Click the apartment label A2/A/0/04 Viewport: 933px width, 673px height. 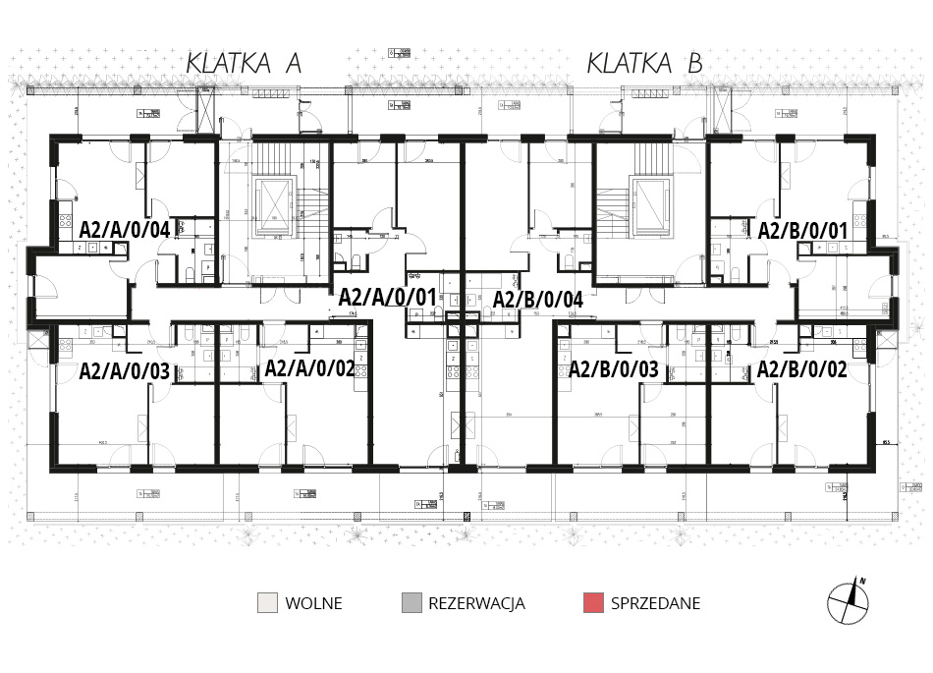point(126,230)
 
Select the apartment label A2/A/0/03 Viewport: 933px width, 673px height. point(125,371)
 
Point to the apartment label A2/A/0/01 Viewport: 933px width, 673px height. point(387,296)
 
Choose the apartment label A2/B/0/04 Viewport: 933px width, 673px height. point(538,300)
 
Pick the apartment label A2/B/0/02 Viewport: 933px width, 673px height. point(802,371)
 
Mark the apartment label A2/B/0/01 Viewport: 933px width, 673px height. point(802,230)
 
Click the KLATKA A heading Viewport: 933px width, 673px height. point(244,64)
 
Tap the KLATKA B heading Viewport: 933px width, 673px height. point(645,64)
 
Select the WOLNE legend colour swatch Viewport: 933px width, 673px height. point(267,603)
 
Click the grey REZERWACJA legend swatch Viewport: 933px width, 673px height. point(412,603)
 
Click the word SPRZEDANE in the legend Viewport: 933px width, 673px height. point(655,603)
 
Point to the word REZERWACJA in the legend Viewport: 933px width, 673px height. point(476,603)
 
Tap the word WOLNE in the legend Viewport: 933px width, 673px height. point(313,603)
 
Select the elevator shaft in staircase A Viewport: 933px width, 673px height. point(274,208)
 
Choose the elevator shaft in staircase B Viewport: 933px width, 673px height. point(650,208)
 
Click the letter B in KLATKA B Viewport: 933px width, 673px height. point(694,64)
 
